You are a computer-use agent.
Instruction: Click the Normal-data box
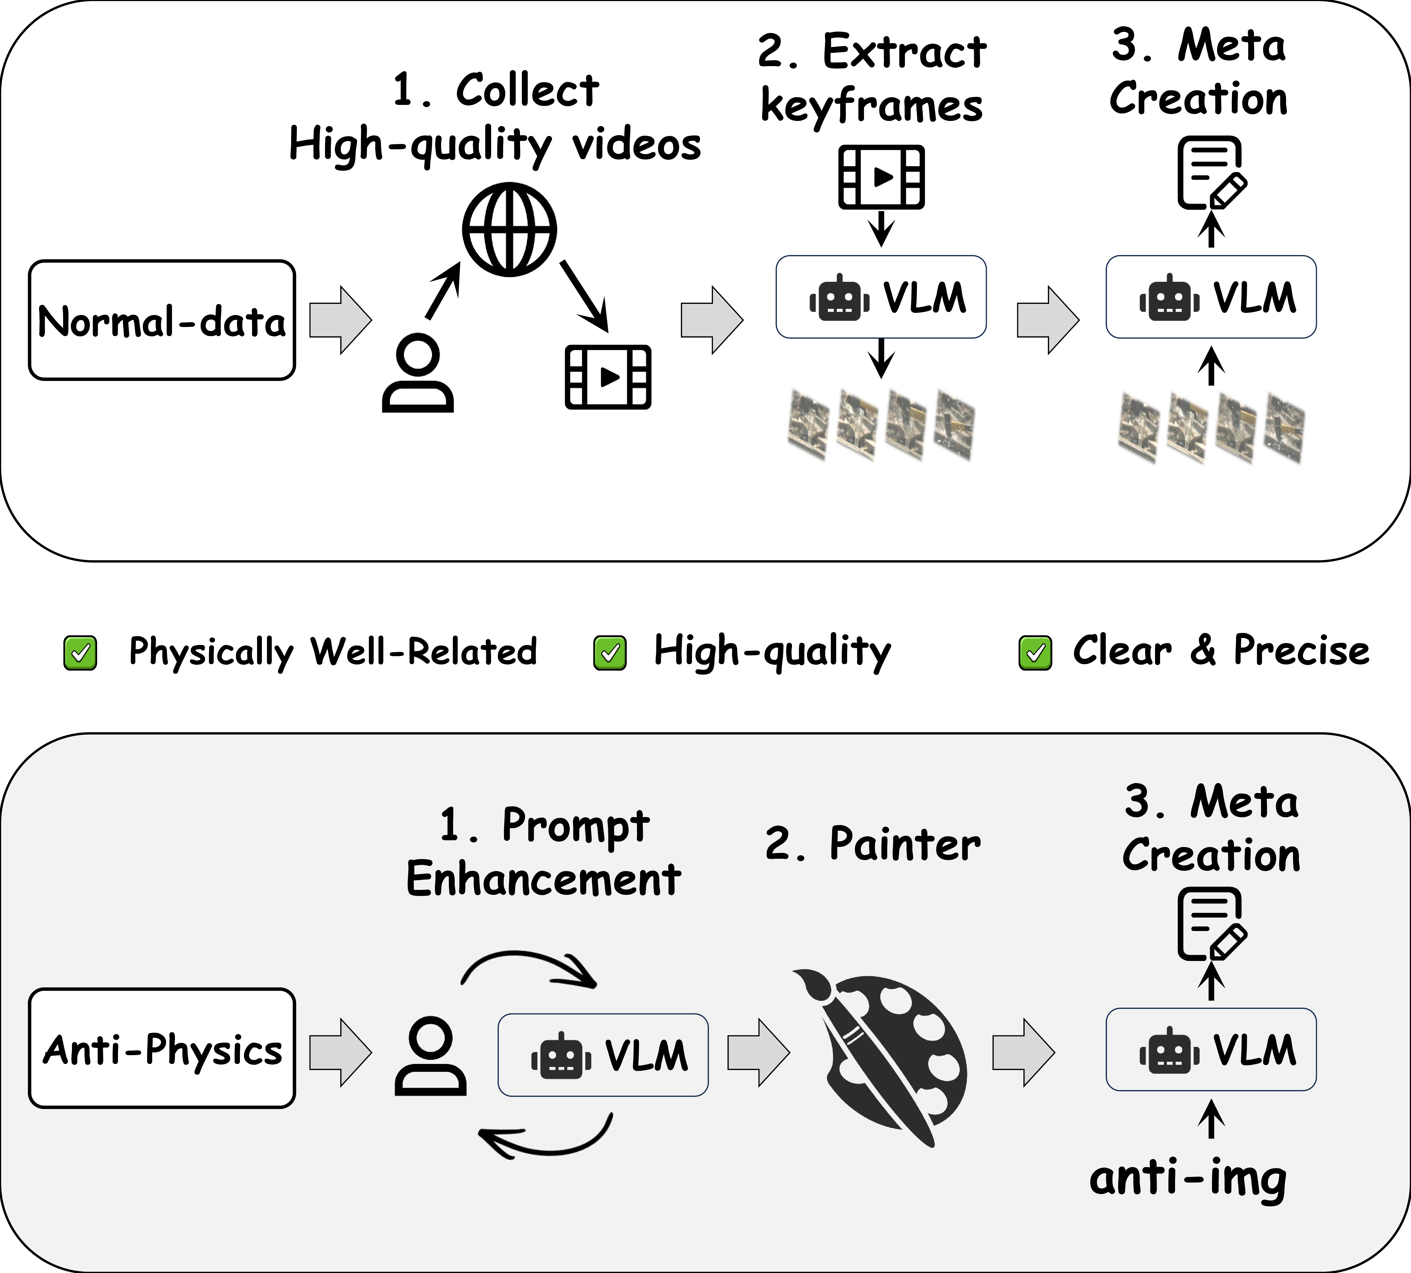pos(162,320)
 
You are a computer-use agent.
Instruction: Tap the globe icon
pos(509,229)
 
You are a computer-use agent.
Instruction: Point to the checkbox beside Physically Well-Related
pos(81,653)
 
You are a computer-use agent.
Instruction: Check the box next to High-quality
pos(610,653)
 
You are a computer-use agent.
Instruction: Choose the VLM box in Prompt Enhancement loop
pos(603,1055)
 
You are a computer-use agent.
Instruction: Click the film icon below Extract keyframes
pos(882,177)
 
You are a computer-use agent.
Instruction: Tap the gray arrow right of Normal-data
pos(341,320)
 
